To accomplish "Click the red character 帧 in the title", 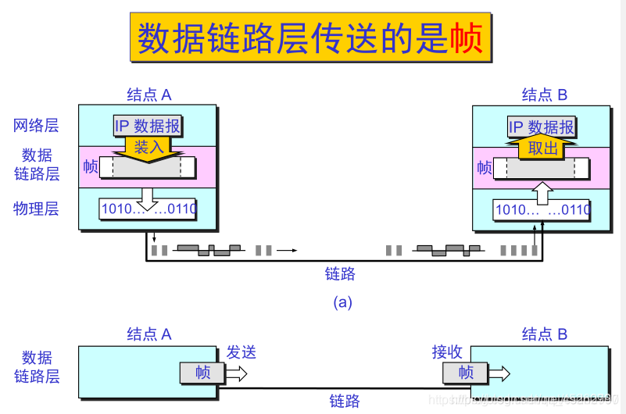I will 467,38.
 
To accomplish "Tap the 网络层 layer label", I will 36,125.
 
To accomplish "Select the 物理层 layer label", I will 36,209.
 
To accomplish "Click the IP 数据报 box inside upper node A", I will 147,126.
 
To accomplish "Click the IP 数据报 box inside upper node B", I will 542,127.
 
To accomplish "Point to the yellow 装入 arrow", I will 148,148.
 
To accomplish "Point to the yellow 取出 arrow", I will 542,148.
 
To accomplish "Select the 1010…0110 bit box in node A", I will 148,209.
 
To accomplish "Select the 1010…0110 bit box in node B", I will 542,209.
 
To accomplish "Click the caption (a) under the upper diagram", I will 342,302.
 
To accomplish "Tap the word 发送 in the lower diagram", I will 241,352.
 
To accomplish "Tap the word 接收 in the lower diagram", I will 447,352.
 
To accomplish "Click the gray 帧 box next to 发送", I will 202,373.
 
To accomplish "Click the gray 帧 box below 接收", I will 466,373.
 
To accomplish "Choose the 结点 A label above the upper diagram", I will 148,95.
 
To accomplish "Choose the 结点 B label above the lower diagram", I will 544,334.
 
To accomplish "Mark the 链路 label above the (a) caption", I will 341,273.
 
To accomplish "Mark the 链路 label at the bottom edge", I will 345,402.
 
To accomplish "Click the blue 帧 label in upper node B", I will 485,167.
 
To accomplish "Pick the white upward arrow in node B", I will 542,191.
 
